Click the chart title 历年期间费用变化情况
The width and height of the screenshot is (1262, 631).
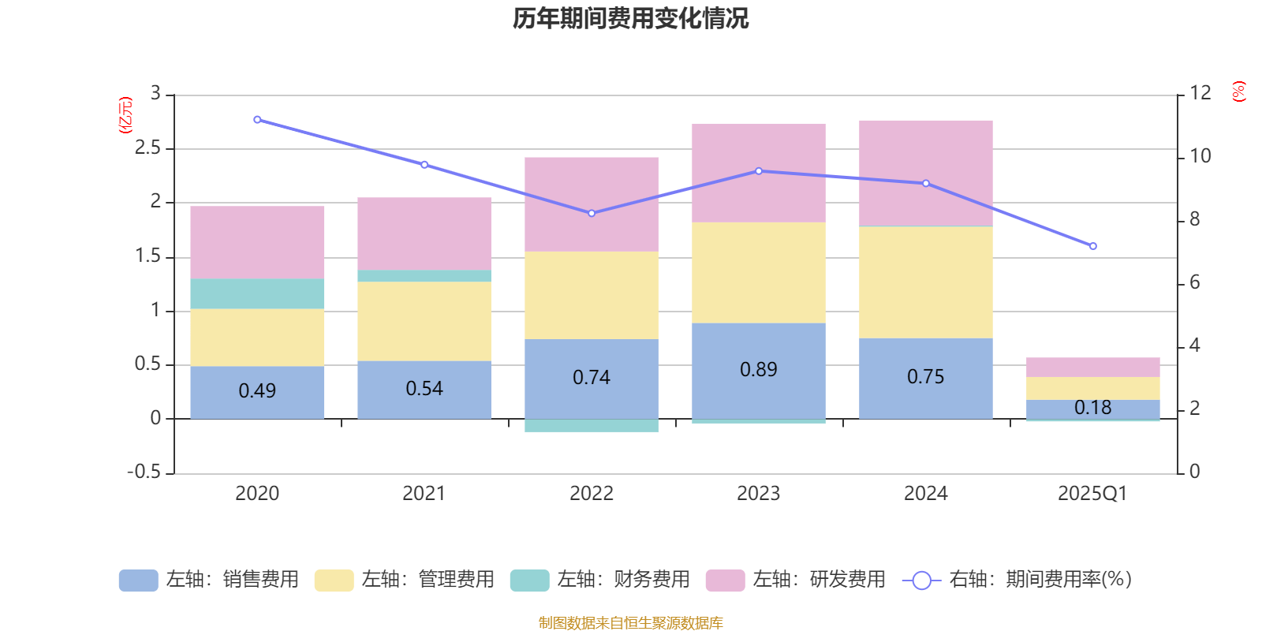tap(630, 18)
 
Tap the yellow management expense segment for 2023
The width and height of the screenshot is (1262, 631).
tap(759, 272)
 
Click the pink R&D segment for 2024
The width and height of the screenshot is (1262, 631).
tap(925, 173)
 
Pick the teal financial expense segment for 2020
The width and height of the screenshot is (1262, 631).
tap(257, 293)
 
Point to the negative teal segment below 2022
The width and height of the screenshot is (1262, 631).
tap(592, 426)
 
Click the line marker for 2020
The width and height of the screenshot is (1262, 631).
tap(257, 120)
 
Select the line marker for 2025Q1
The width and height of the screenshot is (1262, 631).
tap(1092, 246)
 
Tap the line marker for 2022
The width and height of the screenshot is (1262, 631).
tap(592, 213)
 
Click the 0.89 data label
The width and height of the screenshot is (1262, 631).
tap(759, 369)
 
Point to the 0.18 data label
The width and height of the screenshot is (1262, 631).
tap(1092, 408)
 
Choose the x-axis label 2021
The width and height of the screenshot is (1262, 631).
tap(424, 494)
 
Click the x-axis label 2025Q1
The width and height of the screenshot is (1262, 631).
tap(1092, 494)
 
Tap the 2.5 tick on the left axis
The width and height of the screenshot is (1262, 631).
tap(147, 148)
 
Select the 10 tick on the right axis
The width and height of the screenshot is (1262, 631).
tap(1200, 156)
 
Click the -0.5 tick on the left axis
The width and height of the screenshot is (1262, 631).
tap(144, 472)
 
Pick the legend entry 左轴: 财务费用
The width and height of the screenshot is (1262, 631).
tap(600, 580)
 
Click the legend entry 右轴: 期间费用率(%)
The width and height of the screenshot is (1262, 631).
tap(1017, 580)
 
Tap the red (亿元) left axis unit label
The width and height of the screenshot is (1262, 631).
tap(125, 115)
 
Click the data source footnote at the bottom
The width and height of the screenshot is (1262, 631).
tap(630, 623)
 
